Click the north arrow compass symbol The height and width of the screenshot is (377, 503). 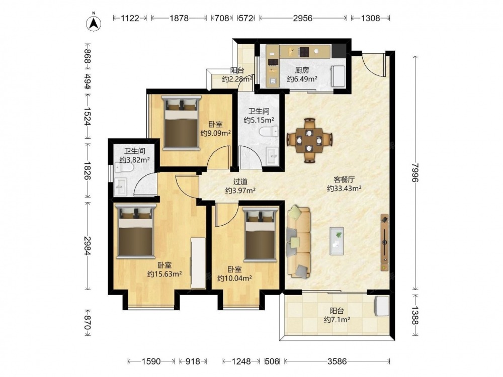pyautogui.click(x=94, y=22)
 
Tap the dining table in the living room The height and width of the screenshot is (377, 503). pyautogui.click(x=309, y=140)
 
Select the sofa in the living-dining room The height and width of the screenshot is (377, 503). pyautogui.click(x=299, y=242)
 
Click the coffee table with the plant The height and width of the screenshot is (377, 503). pyautogui.click(x=337, y=241)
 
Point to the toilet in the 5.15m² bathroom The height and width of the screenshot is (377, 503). pyautogui.click(x=269, y=131)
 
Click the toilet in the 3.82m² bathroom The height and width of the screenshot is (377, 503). pyautogui.click(x=124, y=168)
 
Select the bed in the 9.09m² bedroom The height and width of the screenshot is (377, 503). pyautogui.click(x=181, y=123)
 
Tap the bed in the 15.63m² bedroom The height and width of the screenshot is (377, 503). pyautogui.click(x=135, y=231)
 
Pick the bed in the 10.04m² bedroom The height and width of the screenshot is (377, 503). pyautogui.click(x=260, y=235)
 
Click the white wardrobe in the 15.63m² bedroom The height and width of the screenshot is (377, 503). pyautogui.click(x=198, y=263)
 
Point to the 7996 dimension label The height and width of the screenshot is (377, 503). pyautogui.click(x=416, y=172)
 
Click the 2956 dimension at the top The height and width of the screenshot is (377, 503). pyautogui.click(x=302, y=18)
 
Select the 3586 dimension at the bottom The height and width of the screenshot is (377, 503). pyautogui.click(x=337, y=361)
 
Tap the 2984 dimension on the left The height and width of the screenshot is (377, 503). pyautogui.click(x=87, y=246)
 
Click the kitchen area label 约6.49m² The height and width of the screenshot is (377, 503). pyautogui.click(x=302, y=79)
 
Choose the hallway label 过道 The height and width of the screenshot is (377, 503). pyautogui.click(x=240, y=182)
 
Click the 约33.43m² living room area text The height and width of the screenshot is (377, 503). pyautogui.click(x=344, y=189)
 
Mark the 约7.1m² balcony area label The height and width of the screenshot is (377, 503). pyautogui.click(x=337, y=320)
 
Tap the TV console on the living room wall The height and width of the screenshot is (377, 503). pyautogui.click(x=384, y=243)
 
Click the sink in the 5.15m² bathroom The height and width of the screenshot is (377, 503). pyautogui.click(x=273, y=156)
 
